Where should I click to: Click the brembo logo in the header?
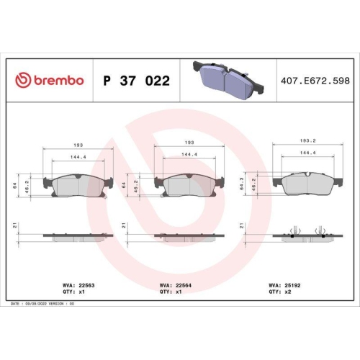click(50, 80)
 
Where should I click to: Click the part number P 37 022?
click(137, 81)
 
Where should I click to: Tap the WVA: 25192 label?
click(284, 286)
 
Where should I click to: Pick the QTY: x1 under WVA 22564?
click(166, 292)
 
